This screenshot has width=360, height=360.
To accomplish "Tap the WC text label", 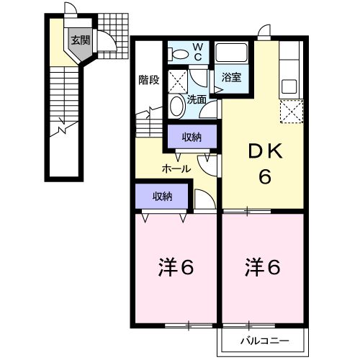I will pos(199,52).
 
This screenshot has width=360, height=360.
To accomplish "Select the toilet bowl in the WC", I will pos(176,53).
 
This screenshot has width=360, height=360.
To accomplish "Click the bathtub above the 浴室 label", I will pos(232,53).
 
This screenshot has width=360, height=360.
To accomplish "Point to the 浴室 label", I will pos(231,77).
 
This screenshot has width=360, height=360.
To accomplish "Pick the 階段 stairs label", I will pos(149,80).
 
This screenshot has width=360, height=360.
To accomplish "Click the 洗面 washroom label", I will pos(197,100).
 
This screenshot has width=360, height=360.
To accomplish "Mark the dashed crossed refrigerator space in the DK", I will pos(290,112).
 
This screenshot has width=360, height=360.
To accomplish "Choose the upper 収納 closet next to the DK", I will pos(191,136).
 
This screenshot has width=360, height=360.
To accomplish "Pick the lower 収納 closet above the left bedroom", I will pos(163,195).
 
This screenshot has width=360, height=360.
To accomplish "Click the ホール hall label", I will pos(176,169).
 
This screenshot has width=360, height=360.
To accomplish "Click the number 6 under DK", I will pos(265,176).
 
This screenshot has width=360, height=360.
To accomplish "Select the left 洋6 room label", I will pos(176,268).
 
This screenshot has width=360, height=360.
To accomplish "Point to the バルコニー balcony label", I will pos(265,339).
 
